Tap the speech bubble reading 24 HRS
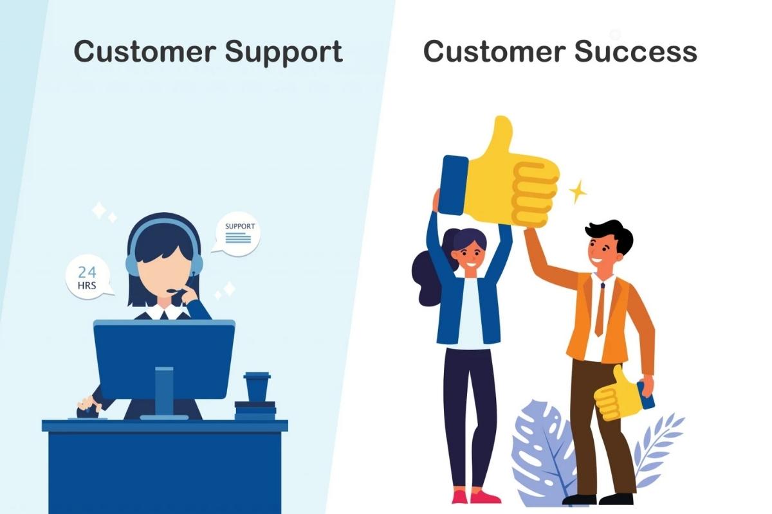pos(87,278)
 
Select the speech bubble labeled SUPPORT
pos(238,233)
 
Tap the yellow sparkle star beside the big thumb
pos(577,191)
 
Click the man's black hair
pos(608,235)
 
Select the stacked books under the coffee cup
pos(255,410)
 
